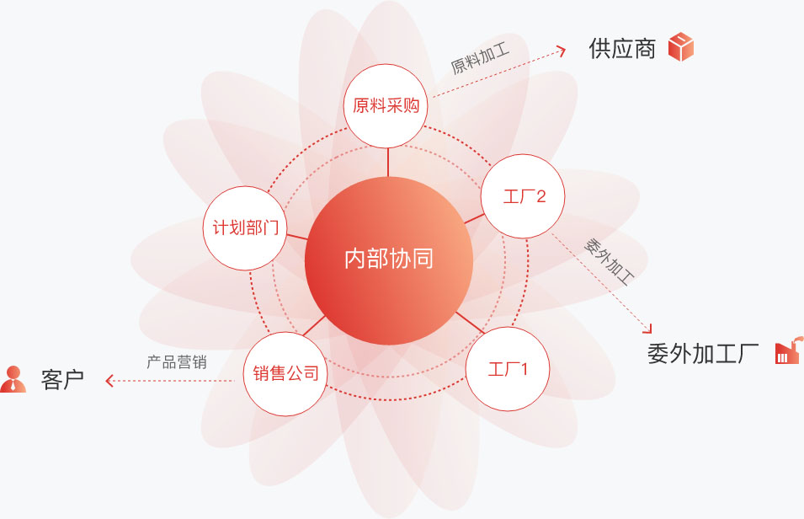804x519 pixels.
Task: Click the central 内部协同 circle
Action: click(389, 261)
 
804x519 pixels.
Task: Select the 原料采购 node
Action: click(386, 106)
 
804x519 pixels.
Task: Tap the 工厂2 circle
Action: click(523, 196)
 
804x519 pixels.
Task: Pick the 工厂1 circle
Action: click(508, 368)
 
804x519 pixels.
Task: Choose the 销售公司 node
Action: click(285, 374)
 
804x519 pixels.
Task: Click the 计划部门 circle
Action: click(245, 228)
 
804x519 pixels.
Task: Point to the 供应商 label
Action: click(622, 49)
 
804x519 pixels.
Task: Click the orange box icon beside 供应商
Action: click(681, 46)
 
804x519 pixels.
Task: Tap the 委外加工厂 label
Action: click(702, 353)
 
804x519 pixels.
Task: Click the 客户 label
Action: click(62, 380)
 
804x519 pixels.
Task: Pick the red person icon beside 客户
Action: click(13, 379)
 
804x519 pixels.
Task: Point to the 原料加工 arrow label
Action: click(480, 58)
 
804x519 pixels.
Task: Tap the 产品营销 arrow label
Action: click(177, 362)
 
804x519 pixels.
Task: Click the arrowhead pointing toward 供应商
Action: click(562, 51)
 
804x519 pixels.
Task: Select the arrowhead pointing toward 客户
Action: click(109, 380)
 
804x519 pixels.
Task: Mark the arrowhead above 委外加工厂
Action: click(648, 329)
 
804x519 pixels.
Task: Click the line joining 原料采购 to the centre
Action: click(387, 163)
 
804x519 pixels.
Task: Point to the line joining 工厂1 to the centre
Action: click(470, 323)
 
